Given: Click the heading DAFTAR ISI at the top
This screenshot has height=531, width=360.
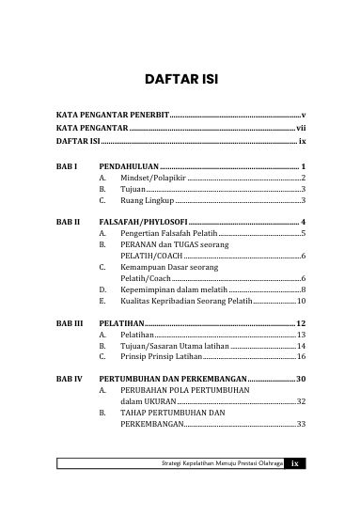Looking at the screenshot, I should tap(180, 79).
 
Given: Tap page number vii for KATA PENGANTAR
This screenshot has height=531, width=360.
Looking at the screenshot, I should tap(301, 129).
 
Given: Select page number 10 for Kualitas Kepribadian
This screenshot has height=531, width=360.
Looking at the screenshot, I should tap(300, 303).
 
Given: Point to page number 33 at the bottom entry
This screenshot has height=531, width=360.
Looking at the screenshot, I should tap(300, 449).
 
